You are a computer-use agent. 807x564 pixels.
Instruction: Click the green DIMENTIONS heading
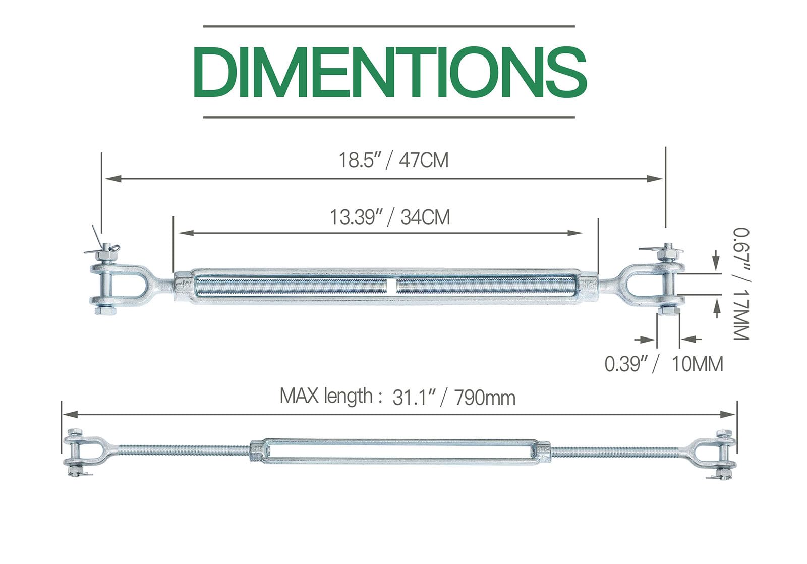[389, 72]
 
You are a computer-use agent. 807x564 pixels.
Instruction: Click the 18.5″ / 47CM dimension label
[393, 160]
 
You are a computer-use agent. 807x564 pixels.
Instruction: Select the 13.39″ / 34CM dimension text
[389, 217]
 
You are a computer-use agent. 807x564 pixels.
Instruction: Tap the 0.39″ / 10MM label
[664, 364]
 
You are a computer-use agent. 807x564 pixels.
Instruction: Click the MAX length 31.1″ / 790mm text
[397, 397]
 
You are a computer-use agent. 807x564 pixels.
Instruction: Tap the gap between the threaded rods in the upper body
[391, 286]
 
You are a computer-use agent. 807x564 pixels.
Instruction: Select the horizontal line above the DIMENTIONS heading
[388, 26]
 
